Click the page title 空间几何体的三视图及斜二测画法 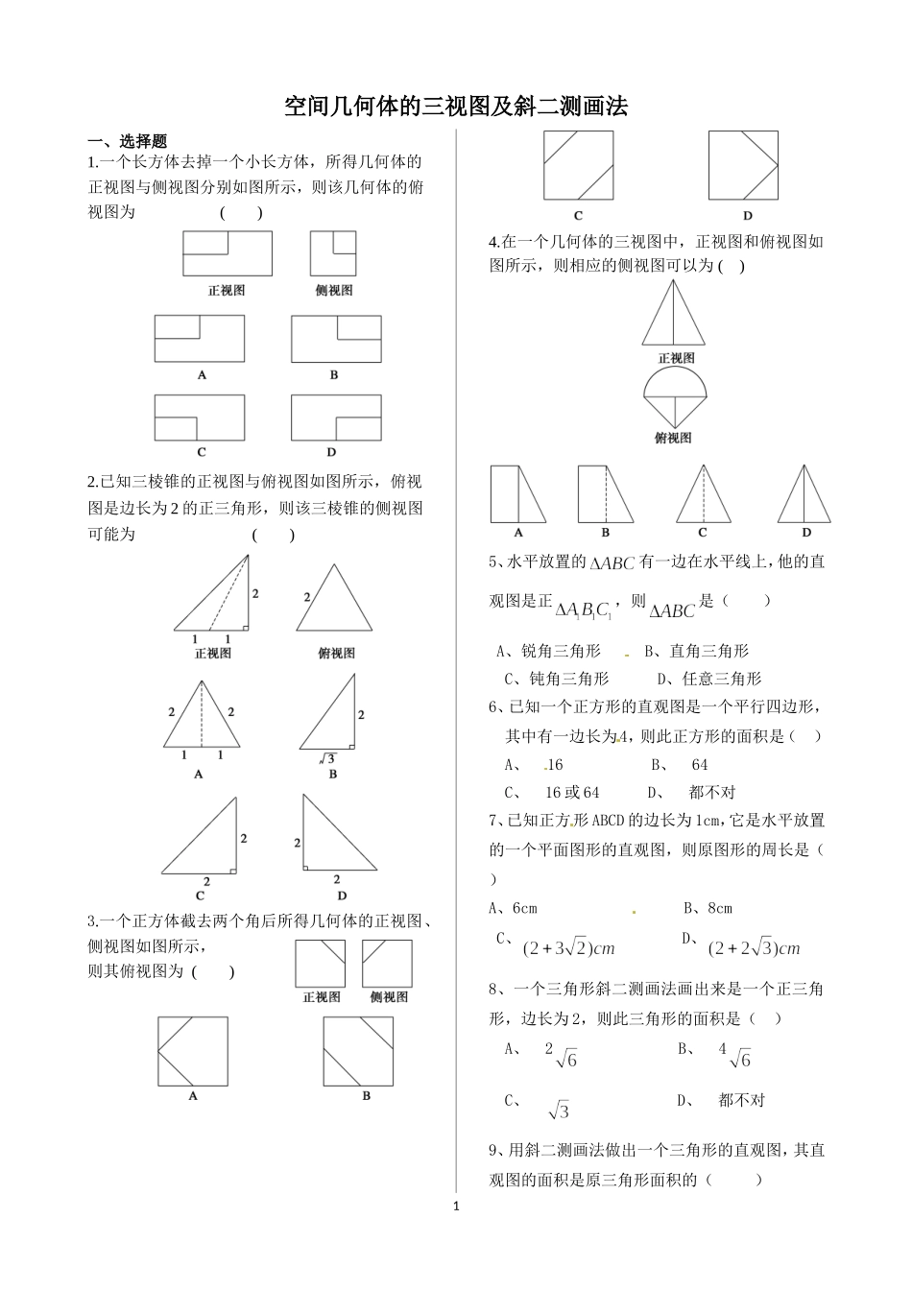[x=455, y=107]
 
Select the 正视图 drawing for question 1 [x=227, y=254]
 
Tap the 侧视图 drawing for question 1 [x=333, y=254]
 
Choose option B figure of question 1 [x=336, y=339]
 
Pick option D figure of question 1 [x=336, y=418]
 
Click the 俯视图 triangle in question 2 [x=333, y=598]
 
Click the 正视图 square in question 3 [x=321, y=963]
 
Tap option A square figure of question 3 [x=193, y=1051]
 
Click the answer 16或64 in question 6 [x=572, y=792]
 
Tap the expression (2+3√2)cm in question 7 [x=567, y=948]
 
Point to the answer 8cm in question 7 [x=718, y=908]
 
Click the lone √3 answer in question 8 [x=560, y=1111]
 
